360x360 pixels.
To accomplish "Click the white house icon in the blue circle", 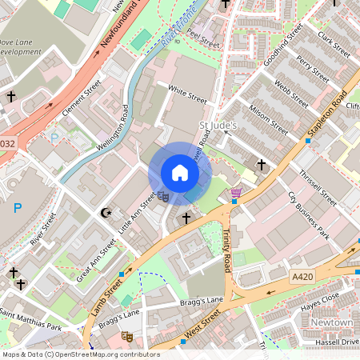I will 179,173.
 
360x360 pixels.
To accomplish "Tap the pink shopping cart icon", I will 236,193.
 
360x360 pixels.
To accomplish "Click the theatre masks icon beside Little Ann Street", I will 162,194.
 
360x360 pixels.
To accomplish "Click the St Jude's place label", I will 218,126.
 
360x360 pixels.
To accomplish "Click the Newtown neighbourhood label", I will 332,322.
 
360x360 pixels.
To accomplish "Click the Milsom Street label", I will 268,118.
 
